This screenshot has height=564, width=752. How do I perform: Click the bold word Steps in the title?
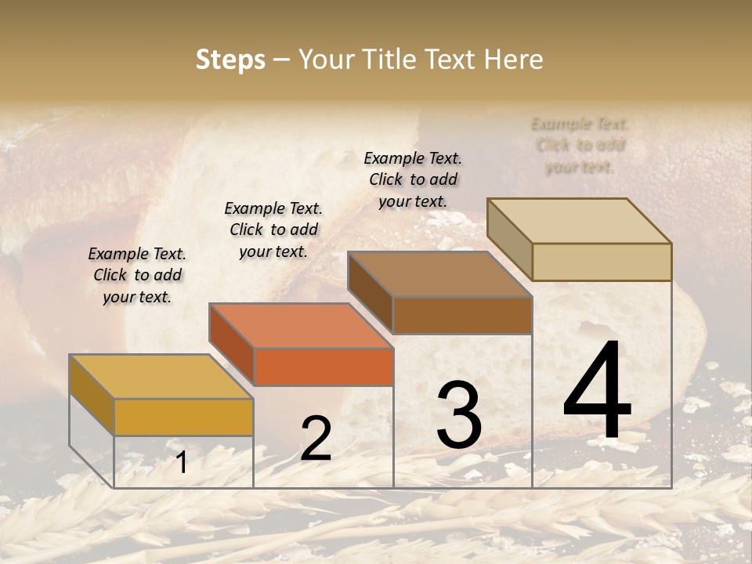(230, 60)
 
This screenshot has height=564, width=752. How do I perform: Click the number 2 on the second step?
(316, 439)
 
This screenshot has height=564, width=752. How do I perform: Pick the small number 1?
(182, 463)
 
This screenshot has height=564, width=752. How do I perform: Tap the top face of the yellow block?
(161, 376)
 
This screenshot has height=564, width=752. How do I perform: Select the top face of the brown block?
(439, 274)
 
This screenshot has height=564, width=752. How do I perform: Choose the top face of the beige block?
(578, 220)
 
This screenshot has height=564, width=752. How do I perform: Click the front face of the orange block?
(324, 367)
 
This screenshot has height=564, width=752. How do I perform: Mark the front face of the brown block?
(462, 316)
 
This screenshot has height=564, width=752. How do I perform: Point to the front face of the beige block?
(602, 262)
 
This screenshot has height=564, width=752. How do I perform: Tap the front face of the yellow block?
(184, 417)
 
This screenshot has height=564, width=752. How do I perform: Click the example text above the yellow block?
(137, 275)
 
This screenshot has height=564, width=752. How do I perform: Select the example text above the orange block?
(273, 230)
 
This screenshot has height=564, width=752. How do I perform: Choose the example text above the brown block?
(413, 179)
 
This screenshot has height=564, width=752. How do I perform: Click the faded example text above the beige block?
(580, 145)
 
